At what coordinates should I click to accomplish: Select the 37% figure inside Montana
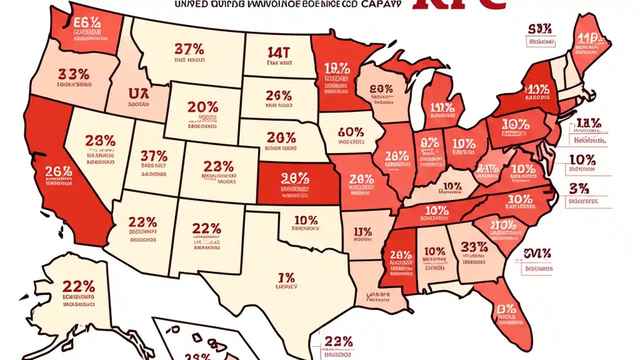(x=189, y=49)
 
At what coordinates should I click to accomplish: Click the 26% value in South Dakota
(x=278, y=95)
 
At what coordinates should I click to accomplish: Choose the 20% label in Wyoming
(x=202, y=106)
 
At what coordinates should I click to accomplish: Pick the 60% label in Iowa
(x=350, y=132)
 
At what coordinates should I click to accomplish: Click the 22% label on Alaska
(x=78, y=286)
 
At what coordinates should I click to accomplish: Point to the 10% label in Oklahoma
(x=305, y=219)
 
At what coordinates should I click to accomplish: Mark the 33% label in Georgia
(x=474, y=247)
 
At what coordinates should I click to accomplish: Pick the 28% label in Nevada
(x=100, y=140)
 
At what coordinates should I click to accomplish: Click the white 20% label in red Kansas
(x=295, y=177)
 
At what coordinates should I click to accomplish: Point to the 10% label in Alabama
(x=434, y=251)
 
